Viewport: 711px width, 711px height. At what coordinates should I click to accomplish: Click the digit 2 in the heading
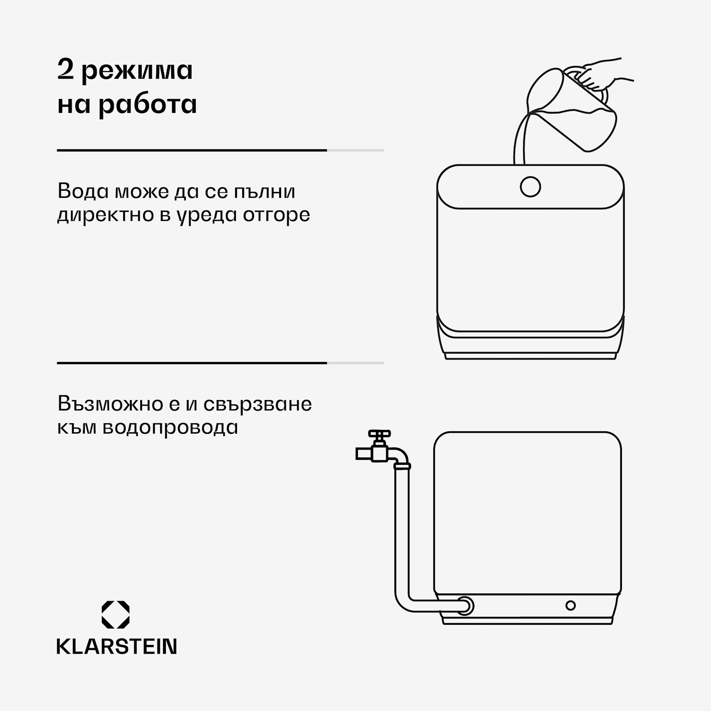tap(65, 70)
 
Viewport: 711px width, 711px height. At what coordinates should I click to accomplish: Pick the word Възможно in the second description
tap(110, 404)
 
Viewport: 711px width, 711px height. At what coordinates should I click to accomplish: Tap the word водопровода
tap(170, 428)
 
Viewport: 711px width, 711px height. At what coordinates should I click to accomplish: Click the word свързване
tap(258, 404)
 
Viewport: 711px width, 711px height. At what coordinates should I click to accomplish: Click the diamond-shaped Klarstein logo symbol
tap(116, 615)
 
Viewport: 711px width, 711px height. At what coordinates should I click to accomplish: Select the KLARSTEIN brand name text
tap(117, 647)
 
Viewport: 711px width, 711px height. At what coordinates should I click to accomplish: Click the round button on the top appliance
tap(530, 187)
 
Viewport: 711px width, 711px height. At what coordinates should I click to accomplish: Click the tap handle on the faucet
tap(380, 434)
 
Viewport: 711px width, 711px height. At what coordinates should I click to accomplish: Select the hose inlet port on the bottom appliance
tap(465, 605)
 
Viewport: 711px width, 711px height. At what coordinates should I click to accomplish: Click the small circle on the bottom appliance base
tap(571, 605)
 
